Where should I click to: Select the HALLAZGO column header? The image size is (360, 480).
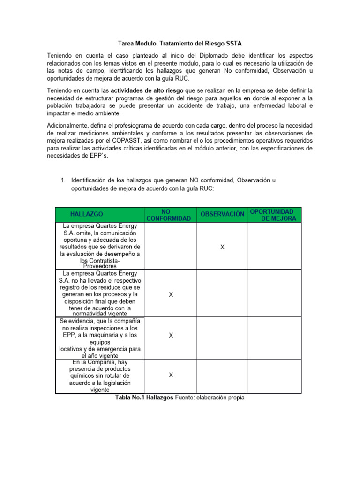(87, 214)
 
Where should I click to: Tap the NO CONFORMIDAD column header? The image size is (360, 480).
(169, 215)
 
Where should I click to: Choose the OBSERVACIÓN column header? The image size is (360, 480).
(222, 214)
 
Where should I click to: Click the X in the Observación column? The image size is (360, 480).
(222, 247)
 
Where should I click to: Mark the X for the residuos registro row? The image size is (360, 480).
(171, 294)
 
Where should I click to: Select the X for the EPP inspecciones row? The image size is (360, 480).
(171, 336)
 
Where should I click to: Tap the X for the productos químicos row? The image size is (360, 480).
(171, 375)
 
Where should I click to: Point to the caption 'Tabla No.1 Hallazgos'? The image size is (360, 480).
(144, 397)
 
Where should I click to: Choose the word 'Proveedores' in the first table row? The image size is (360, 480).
(100, 266)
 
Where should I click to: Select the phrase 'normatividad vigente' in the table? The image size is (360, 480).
(100, 314)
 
